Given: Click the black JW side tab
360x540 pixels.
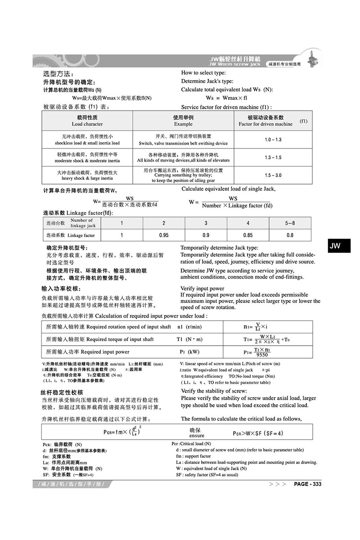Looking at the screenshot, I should click(335, 246).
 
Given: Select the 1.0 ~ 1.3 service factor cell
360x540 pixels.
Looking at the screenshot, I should click(273, 139).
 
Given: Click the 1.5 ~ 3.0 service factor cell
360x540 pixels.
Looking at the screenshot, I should click(273, 175).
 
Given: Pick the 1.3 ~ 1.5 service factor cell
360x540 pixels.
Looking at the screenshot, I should click(273, 157).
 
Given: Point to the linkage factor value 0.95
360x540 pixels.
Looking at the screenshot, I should click(164, 235).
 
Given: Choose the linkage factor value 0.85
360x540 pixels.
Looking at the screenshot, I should click(248, 235).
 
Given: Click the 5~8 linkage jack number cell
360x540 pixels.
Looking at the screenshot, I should click(290, 223).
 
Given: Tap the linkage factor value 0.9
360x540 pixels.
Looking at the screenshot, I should click(206, 235).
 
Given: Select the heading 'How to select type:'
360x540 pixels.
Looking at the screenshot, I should click(203, 73).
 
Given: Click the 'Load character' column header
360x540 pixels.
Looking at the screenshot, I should click(87, 124).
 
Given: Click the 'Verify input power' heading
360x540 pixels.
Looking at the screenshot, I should click(202, 288).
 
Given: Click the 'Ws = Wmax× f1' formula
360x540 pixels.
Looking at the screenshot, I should click(226, 98).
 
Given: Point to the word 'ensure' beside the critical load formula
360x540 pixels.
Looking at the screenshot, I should click(197, 436).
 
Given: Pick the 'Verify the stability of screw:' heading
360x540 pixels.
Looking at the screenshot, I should click(214, 391).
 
